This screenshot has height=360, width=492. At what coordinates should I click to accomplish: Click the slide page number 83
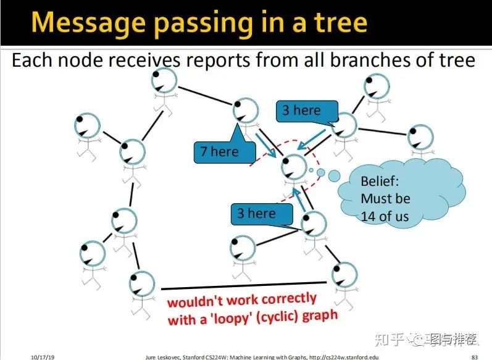tap(474, 356)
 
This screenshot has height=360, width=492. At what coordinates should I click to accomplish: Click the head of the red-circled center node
tap(294, 165)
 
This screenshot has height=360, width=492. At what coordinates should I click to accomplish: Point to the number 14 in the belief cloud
tap(369, 217)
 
